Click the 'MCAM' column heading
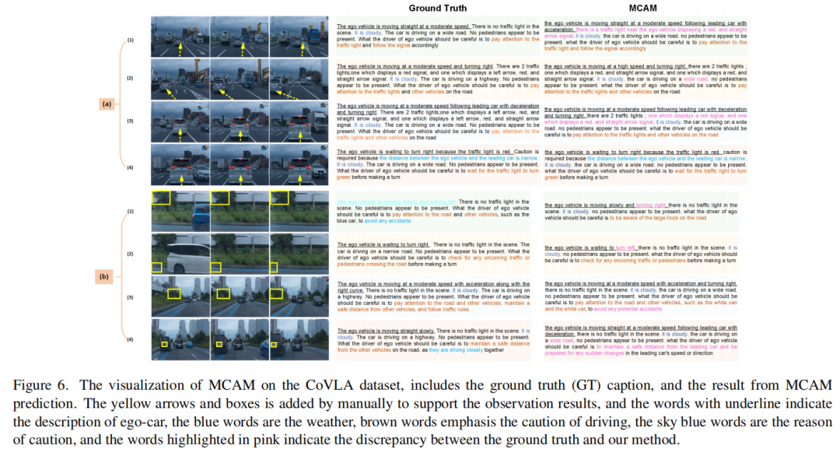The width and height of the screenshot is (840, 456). [645, 8]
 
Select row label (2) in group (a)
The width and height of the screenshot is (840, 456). [130, 79]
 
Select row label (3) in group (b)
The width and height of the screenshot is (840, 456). [130, 297]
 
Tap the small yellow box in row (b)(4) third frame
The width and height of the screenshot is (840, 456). [276, 343]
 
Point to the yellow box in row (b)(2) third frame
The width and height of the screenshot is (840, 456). [273, 266]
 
